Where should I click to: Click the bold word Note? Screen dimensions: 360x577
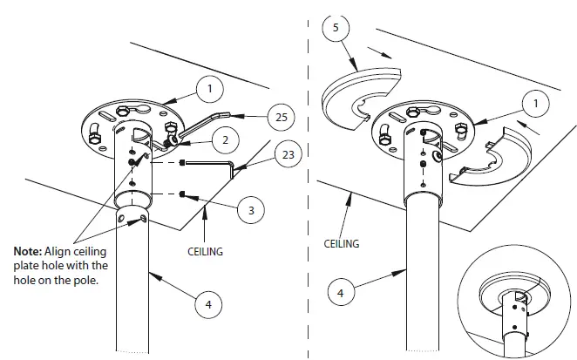coord(26,251)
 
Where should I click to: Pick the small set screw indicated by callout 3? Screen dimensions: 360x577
coord(182,194)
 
